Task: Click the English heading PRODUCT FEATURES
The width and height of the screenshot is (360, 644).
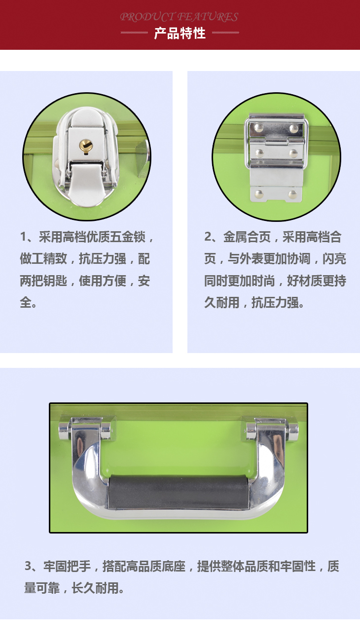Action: (x=179, y=17)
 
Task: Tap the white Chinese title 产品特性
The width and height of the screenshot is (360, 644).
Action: (x=180, y=34)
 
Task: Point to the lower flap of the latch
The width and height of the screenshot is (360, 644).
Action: (x=86, y=183)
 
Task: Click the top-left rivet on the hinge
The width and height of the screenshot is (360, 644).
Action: (x=259, y=127)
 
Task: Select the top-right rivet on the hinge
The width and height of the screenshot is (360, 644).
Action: (x=293, y=128)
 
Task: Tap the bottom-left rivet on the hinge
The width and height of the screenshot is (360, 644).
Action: (x=259, y=194)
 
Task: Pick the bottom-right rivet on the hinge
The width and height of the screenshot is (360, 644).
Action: (x=293, y=195)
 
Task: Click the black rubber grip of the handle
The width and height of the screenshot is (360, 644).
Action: (x=179, y=492)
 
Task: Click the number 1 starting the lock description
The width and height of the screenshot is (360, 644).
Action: (x=23, y=237)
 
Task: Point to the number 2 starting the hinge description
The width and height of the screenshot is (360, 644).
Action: (x=208, y=237)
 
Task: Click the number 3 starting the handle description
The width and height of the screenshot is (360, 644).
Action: (x=28, y=566)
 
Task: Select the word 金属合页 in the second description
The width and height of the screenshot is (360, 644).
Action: (x=247, y=237)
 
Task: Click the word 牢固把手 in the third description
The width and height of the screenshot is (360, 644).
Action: (x=67, y=566)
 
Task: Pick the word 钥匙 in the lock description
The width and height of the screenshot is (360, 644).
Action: (x=55, y=281)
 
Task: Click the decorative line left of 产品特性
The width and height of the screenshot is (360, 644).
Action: (x=134, y=33)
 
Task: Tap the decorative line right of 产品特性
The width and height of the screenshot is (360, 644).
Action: (x=225, y=33)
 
